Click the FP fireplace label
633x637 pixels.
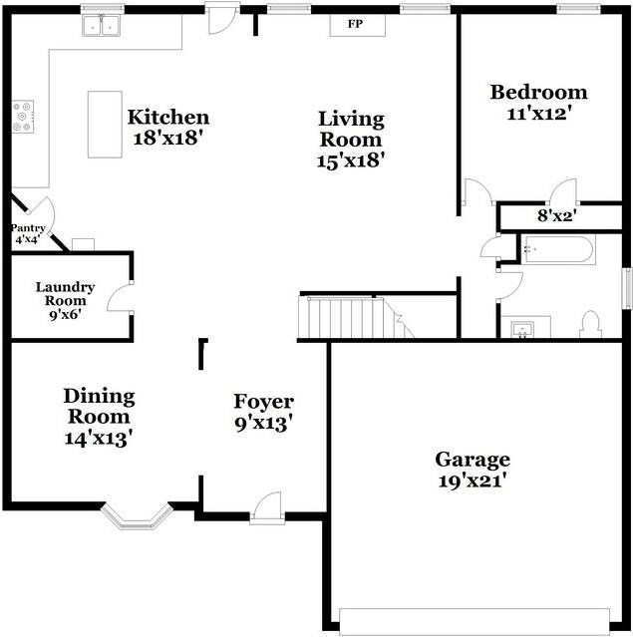click(355, 24)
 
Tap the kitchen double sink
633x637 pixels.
click(101, 25)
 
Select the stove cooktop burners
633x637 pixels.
click(22, 117)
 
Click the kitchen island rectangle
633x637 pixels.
click(105, 125)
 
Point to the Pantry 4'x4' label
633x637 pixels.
click(28, 233)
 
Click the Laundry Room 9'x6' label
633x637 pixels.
click(66, 301)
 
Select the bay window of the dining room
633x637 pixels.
click(135, 516)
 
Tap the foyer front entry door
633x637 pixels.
click(267, 507)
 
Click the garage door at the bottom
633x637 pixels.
click(475, 620)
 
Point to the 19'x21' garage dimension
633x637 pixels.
click(473, 481)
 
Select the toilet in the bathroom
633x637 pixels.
click(591, 325)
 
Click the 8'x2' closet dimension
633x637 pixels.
click(557, 215)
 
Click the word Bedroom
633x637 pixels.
click(538, 93)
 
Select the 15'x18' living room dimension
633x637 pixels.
click(351, 160)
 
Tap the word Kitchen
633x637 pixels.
click(168, 117)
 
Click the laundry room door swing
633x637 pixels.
click(119, 298)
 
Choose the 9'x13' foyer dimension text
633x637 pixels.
click(264, 424)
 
